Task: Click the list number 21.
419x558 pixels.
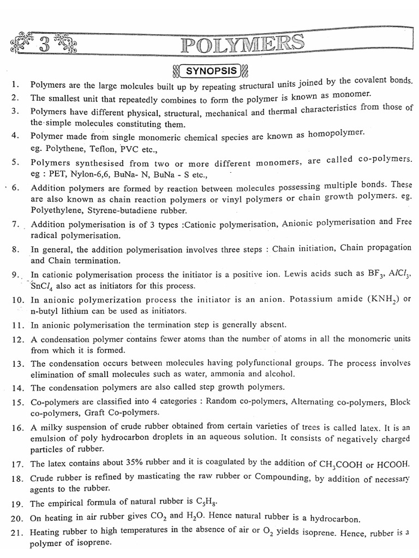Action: tap(17, 532)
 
